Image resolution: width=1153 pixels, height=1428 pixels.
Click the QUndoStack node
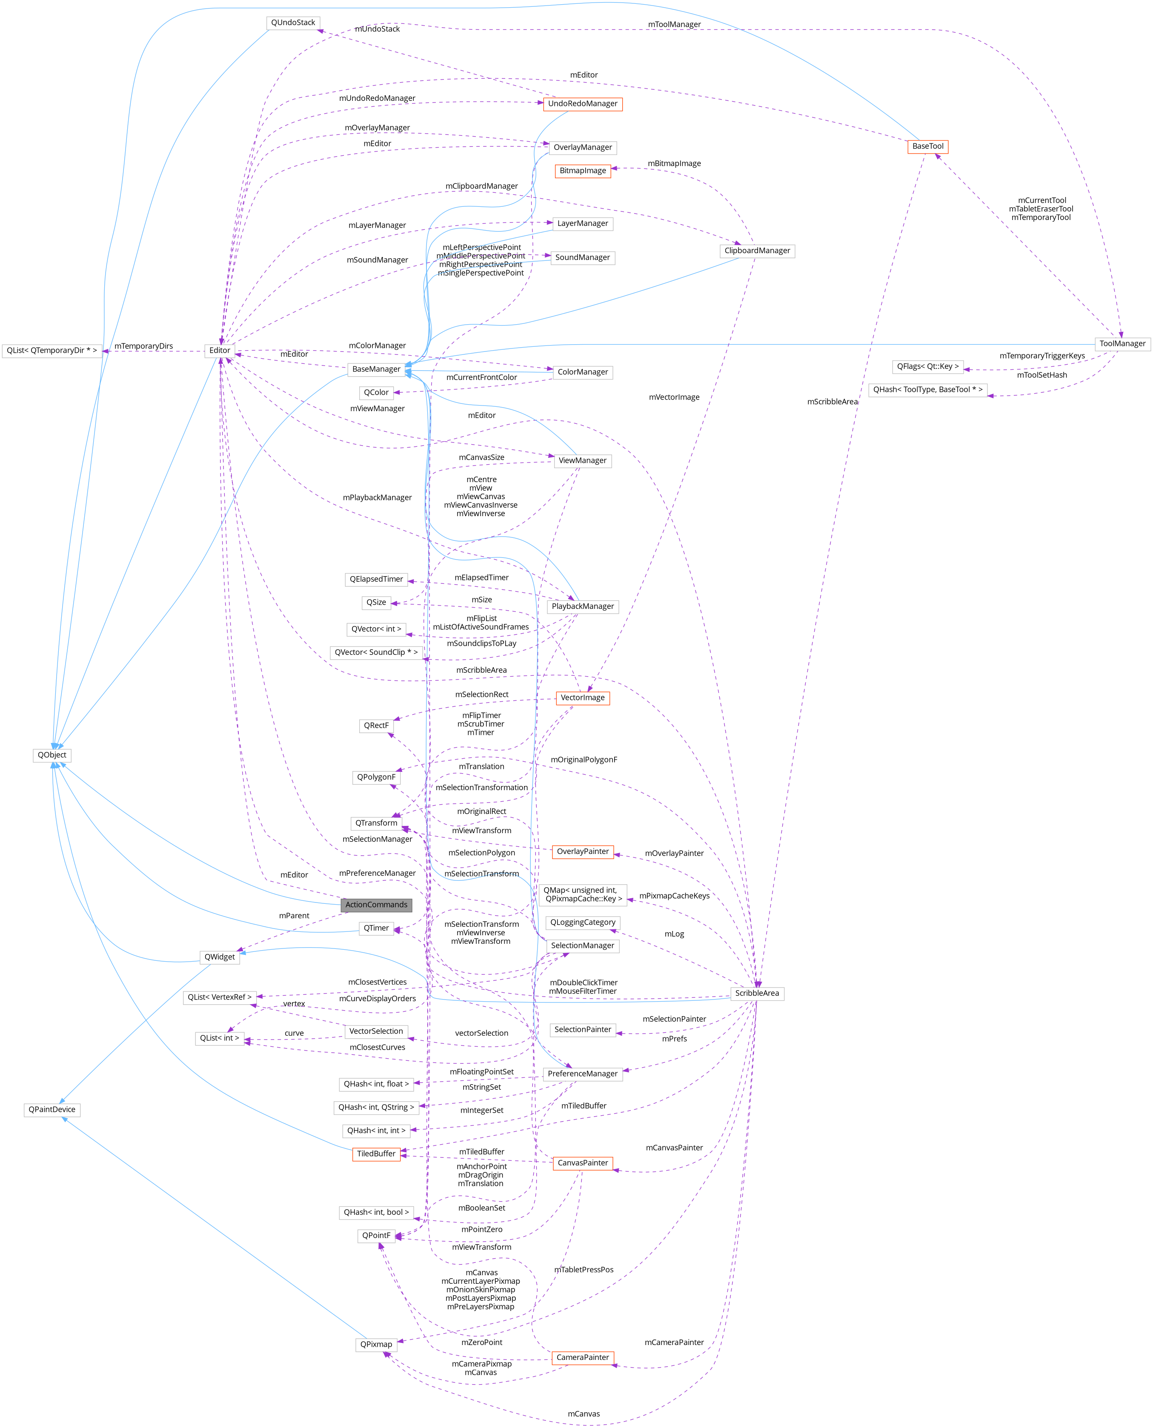pos(293,23)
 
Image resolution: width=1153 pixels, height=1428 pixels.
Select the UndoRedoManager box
pos(583,103)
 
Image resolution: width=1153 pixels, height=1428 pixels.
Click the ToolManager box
pos(1122,343)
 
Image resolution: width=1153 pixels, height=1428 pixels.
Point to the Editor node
pos(220,351)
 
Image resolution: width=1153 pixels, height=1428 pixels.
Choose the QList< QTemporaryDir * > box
pos(52,351)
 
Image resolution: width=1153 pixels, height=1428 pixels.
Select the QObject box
pos(52,755)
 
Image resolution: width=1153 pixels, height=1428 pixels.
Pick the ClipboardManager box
pos(757,251)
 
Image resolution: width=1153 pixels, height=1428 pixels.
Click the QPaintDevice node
pos(52,1109)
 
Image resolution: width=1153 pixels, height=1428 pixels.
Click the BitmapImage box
pos(583,171)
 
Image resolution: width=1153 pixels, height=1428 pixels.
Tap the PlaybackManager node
pos(583,606)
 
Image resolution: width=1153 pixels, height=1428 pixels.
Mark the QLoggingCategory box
pos(583,922)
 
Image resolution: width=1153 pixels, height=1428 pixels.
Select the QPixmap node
pos(376,1344)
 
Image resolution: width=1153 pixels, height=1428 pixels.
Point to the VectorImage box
pos(583,698)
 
